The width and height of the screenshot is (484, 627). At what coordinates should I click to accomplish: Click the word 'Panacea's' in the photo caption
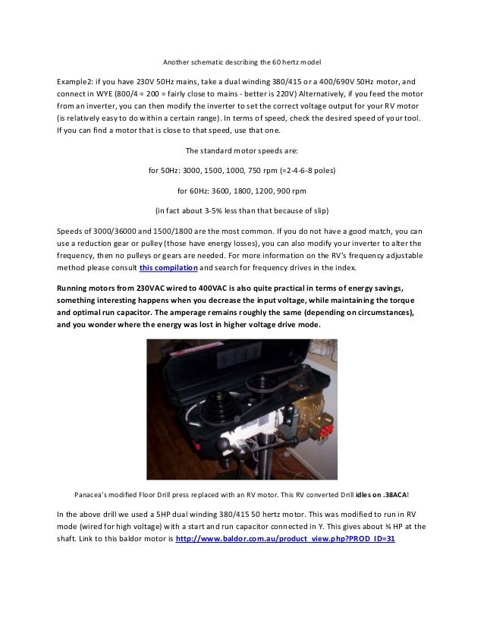[x=90, y=495]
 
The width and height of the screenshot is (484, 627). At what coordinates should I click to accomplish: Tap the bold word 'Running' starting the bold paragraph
[x=75, y=288]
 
